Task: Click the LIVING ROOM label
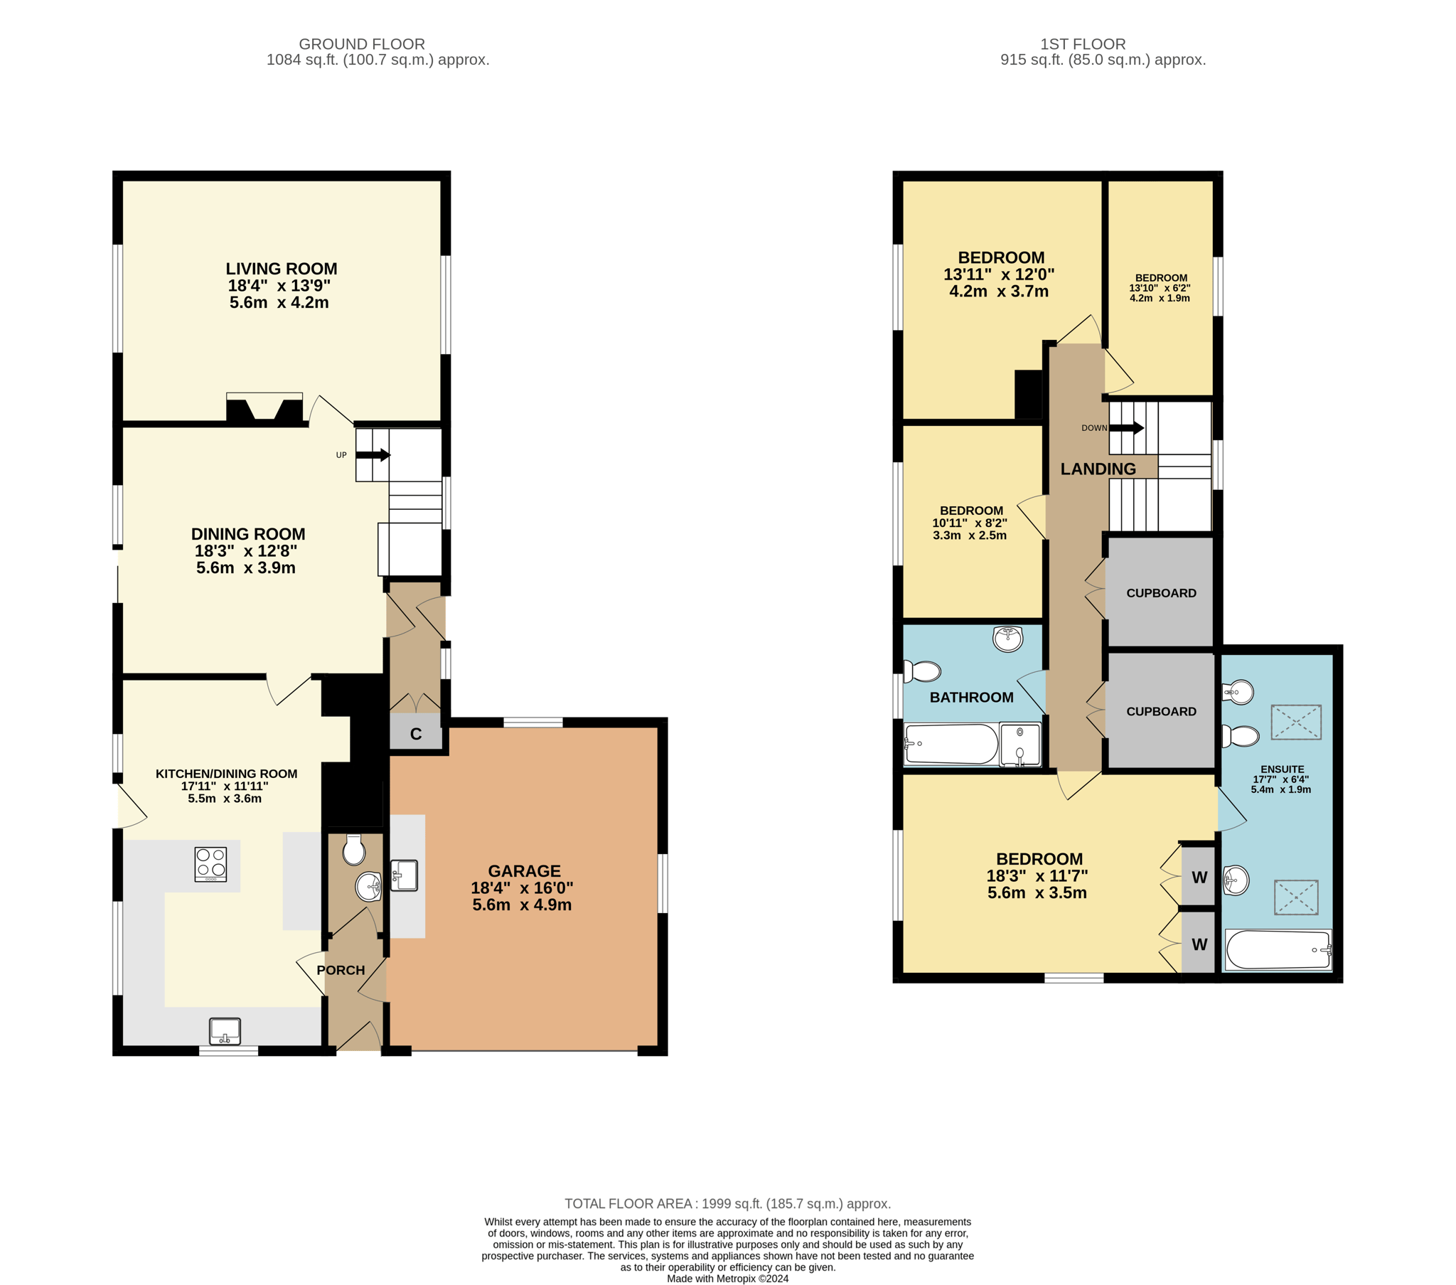282,269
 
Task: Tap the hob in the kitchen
211,864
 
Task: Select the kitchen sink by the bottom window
225,1031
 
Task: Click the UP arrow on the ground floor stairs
373,454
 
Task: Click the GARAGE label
524,871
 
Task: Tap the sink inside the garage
404,875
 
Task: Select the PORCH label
341,970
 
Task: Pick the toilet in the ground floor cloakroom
354,849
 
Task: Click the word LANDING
1098,469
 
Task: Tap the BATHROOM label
972,698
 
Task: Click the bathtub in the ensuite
1279,949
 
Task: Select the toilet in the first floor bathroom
922,671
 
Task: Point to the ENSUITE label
1283,769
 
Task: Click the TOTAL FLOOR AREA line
728,1204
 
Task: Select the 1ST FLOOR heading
1083,44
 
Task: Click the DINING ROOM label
248,534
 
